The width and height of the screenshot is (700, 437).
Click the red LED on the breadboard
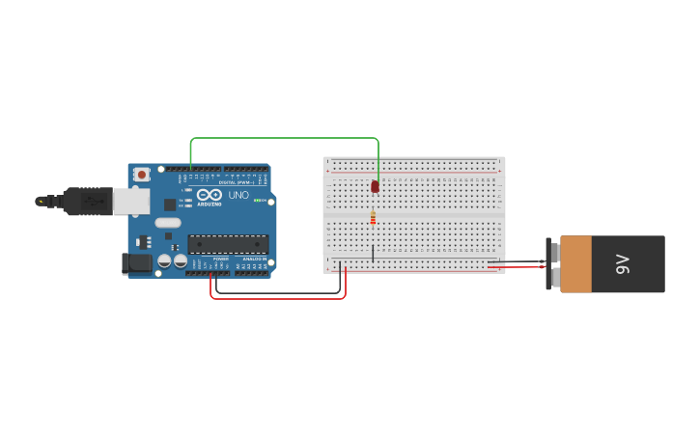tap(375, 186)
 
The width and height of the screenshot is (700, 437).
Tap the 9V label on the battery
tap(623, 264)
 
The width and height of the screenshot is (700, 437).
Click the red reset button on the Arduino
tap(142, 175)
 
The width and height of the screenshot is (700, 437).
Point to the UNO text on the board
tap(238, 195)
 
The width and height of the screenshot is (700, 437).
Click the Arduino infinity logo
tap(210, 195)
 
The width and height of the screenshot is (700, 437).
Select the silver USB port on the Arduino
tap(131, 201)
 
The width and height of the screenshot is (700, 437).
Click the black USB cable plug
tap(87, 201)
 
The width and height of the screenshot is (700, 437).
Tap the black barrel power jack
tap(136, 262)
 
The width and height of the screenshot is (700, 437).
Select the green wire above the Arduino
tap(285, 138)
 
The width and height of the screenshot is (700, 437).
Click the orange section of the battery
tap(575, 264)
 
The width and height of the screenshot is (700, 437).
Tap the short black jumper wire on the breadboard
tap(373, 253)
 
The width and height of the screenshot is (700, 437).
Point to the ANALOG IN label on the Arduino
tap(254, 259)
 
